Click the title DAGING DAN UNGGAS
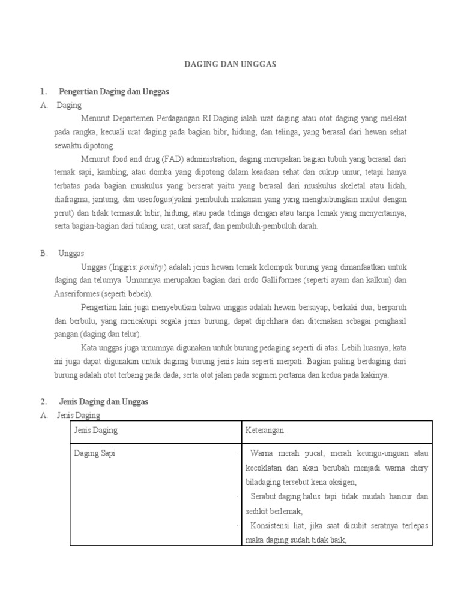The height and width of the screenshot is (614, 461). pos(230,64)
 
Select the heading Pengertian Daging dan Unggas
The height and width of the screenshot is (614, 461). pos(114,92)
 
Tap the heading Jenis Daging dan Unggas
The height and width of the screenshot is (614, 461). pos(103,401)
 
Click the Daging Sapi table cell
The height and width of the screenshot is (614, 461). pos(95,454)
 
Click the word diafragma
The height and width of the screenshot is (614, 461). pos(70,200)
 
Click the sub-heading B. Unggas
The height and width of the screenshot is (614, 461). pos(71,254)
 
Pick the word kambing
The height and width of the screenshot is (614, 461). pos(111,173)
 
